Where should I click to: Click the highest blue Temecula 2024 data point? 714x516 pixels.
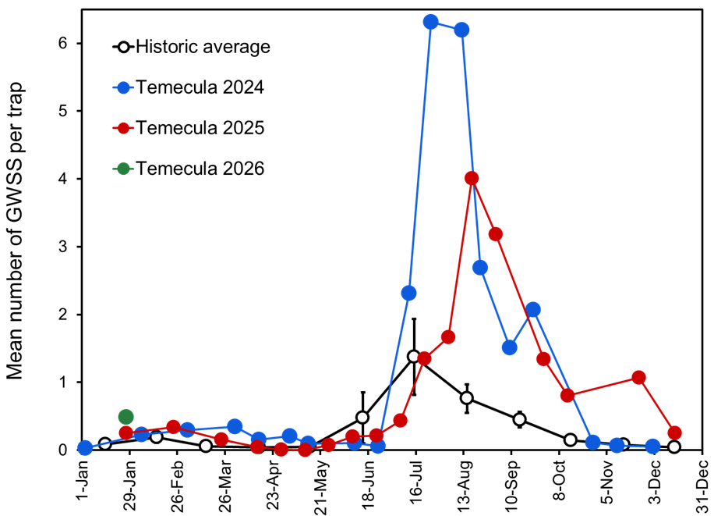tap(430, 22)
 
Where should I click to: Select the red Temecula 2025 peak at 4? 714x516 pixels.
tap(472, 179)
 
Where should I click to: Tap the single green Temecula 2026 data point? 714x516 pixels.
tap(125, 417)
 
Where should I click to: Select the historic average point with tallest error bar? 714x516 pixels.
tap(414, 356)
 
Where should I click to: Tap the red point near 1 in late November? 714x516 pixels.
tap(638, 378)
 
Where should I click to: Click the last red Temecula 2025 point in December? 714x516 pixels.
tap(675, 433)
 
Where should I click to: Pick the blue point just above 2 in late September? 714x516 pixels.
tap(532, 310)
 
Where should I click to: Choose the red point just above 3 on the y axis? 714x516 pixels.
tap(495, 234)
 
